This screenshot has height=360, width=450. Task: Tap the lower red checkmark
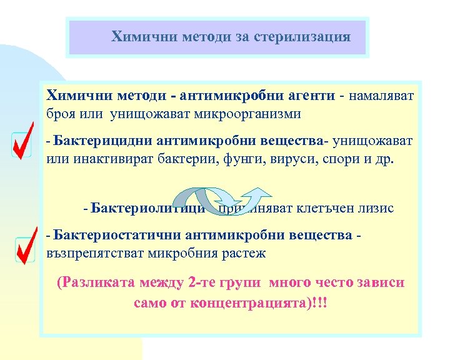pos(25,249)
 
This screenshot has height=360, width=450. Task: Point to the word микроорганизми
pos(249,114)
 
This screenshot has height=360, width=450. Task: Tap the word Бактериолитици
pos(147,207)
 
